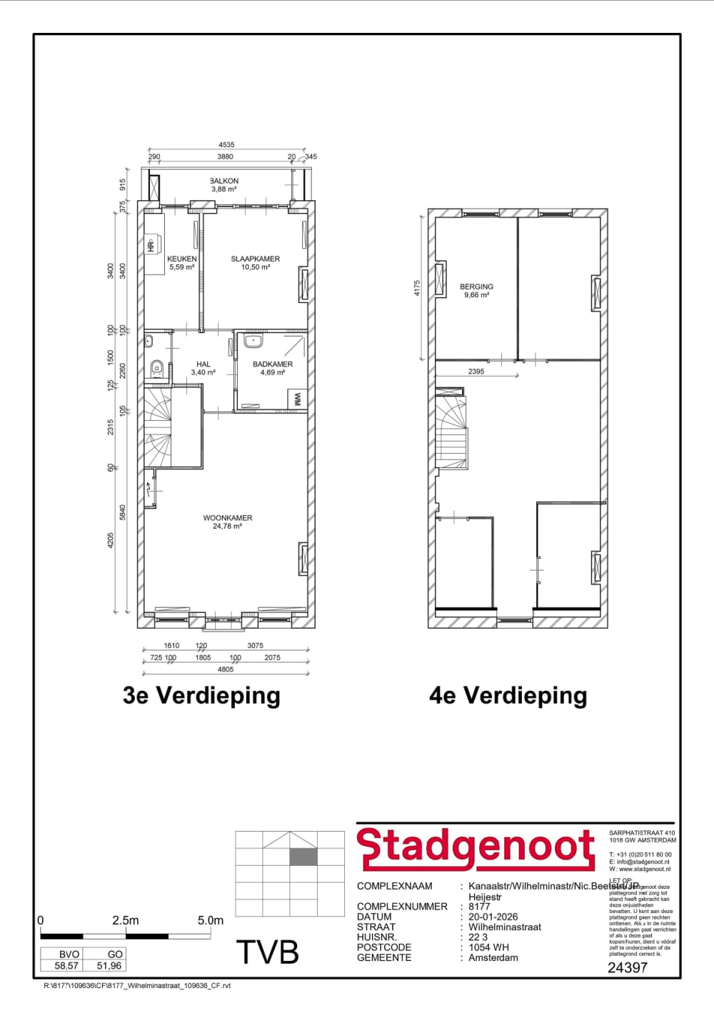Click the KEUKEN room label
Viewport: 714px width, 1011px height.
tap(181, 259)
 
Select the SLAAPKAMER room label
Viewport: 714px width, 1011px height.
tap(255, 259)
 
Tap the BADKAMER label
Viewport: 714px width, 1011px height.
tap(272, 364)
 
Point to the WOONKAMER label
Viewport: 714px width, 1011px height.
tap(227, 518)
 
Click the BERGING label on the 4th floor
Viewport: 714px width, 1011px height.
tap(476, 287)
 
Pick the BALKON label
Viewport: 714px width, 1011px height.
tap(224, 181)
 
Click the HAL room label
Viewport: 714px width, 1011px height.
tap(203, 364)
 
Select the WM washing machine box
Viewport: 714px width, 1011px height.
tap(296, 399)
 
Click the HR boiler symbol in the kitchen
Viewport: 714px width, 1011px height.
tap(151, 245)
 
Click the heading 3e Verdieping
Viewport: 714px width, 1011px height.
tap(201, 695)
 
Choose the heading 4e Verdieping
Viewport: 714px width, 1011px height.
tap(508, 695)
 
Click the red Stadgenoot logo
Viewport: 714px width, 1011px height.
tap(476, 849)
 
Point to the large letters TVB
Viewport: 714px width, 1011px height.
tap(267, 952)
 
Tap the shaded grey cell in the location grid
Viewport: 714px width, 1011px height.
tap(303, 857)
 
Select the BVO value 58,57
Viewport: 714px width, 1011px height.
tap(66, 965)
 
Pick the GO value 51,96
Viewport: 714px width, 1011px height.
tap(109, 965)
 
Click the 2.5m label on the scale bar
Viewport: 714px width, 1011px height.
tap(125, 920)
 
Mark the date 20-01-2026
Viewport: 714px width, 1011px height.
tap(493, 917)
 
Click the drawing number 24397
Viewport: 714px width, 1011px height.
tap(627, 967)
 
